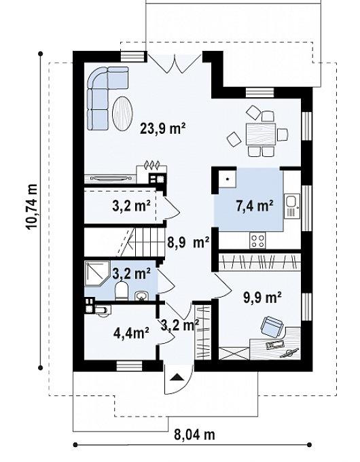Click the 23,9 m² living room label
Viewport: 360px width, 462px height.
(162, 129)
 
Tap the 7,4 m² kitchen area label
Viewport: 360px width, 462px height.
(255, 205)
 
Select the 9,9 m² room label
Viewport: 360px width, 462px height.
(262, 297)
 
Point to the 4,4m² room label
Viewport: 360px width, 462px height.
(131, 333)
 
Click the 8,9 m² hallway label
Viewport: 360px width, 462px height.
(188, 243)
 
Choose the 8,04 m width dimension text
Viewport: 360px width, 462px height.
(194, 434)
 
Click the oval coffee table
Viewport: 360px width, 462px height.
(123, 113)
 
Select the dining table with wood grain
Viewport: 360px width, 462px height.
(261, 135)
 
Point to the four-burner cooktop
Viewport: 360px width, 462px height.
(257, 241)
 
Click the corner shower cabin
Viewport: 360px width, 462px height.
(97, 273)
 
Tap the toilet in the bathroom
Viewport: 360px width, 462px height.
(120, 291)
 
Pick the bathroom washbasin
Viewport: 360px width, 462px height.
(143, 296)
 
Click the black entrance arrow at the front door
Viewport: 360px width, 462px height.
(177, 377)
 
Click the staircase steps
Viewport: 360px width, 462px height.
(146, 242)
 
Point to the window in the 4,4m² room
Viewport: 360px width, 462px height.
(129, 366)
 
